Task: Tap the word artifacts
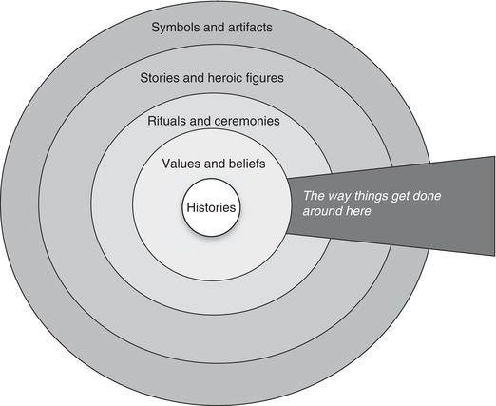tap(250, 27)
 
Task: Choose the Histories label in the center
tap(211, 207)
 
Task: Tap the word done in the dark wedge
tap(428, 196)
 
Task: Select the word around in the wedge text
tap(322, 211)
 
